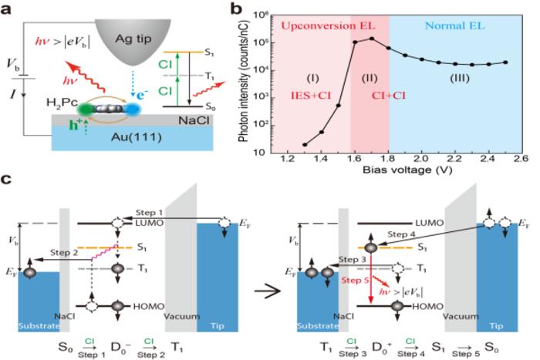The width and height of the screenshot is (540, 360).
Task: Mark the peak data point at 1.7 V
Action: click(x=372, y=39)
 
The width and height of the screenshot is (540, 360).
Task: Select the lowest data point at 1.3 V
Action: click(x=305, y=144)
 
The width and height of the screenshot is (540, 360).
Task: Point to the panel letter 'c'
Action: click(x=6, y=179)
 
